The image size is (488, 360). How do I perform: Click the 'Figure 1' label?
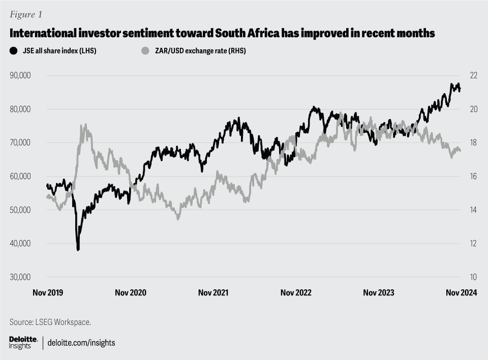coord(24,14)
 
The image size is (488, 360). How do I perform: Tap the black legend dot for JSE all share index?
coord(13,51)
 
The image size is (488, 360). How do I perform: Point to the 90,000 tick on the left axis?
coord(21,76)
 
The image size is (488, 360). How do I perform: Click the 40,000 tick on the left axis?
coord(21,244)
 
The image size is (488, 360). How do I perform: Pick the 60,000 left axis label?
coord(21,176)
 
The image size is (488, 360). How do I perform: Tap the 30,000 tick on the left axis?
coord(21,277)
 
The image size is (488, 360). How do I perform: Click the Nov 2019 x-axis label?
coord(47,293)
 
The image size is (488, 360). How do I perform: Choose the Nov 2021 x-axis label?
coord(213,293)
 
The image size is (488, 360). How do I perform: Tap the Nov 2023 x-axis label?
coord(379,293)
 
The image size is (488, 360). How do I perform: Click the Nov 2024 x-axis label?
coord(461,293)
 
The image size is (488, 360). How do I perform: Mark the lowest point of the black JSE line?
coord(78,249)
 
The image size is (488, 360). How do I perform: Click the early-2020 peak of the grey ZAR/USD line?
coord(85,125)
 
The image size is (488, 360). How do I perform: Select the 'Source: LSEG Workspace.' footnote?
coord(50,322)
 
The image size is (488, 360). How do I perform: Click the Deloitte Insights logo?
coord(23,342)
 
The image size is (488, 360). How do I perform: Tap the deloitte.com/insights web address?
coord(81,343)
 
